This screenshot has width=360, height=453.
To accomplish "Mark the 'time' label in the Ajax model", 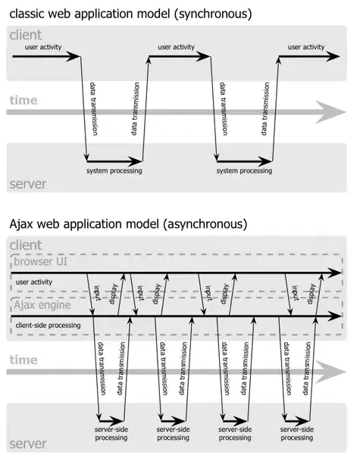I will click(x=24, y=361).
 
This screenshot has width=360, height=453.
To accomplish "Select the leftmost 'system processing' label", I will click(x=114, y=171).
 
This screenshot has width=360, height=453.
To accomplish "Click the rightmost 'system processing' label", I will click(x=244, y=171).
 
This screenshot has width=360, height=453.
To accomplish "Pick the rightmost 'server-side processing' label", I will click(x=296, y=433).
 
